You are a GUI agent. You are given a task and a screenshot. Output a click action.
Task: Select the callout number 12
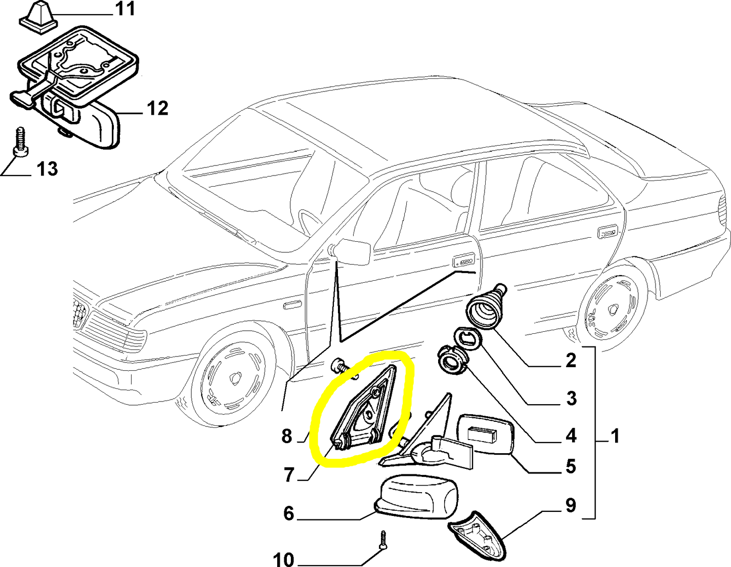click(x=157, y=108)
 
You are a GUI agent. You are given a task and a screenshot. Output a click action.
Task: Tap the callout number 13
click(x=47, y=169)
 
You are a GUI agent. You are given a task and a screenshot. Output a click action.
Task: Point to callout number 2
click(x=571, y=361)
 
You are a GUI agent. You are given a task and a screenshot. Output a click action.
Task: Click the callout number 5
click(x=571, y=466)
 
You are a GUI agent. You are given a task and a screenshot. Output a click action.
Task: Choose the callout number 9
click(x=571, y=505)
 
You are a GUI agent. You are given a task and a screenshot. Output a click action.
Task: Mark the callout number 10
click(x=283, y=559)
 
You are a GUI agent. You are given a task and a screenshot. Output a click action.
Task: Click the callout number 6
click(x=288, y=513)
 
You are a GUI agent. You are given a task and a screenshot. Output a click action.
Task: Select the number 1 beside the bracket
click(x=615, y=435)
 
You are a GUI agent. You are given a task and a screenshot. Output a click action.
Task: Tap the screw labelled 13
click(x=20, y=142)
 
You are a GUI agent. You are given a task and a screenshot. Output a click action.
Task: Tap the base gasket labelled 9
click(x=477, y=536)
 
